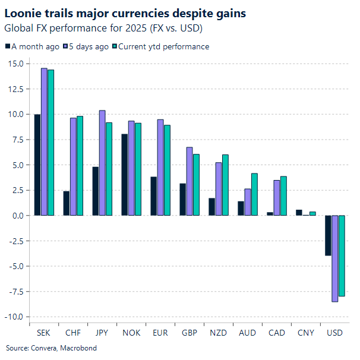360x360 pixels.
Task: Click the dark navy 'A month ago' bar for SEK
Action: (37, 165)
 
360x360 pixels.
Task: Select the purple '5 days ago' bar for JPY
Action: (103, 163)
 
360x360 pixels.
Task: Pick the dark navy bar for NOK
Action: (125, 175)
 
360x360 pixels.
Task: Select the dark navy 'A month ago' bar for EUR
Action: (154, 196)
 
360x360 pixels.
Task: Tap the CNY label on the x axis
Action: (305, 333)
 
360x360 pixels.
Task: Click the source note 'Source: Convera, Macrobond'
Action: (51, 348)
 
